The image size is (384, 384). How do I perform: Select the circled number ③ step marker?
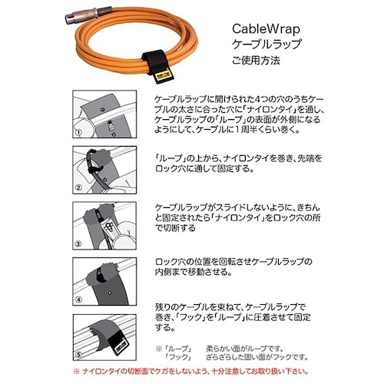pyautogui.click(x=78, y=245)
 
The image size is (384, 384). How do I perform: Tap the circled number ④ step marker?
pyautogui.click(x=78, y=300)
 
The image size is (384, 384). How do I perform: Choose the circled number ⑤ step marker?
pyautogui.click(x=78, y=356)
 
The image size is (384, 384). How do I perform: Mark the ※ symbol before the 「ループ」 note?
pyautogui.click(x=158, y=349)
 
